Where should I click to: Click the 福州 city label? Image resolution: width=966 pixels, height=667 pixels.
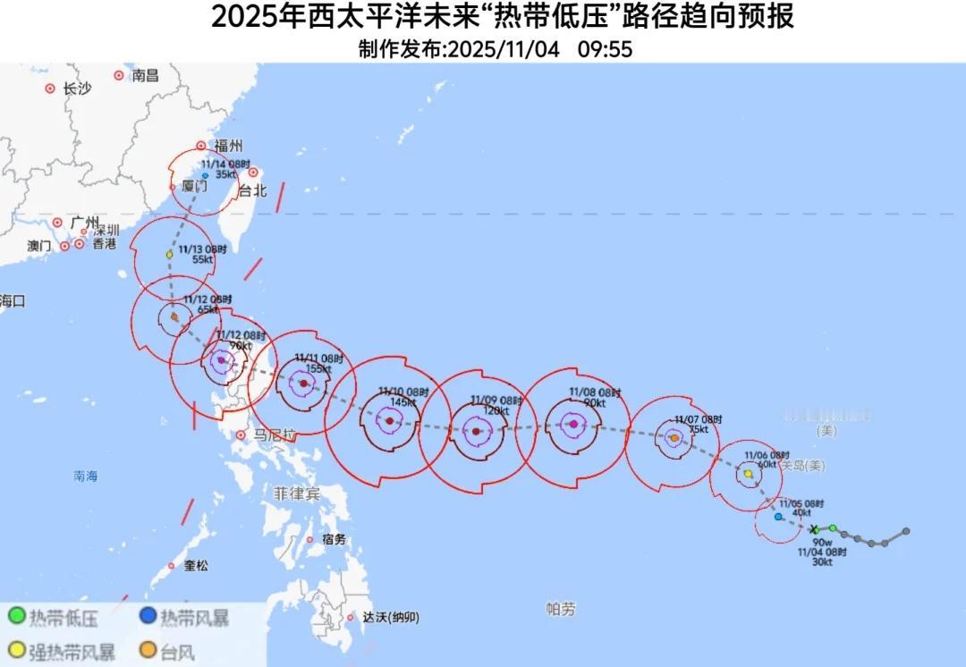click(228, 146)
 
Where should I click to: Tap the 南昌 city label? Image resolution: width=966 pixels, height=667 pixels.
click(145, 76)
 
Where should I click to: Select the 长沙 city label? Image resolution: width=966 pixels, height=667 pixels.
click(77, 89)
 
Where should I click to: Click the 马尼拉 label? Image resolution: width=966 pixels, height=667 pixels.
click(274, 435)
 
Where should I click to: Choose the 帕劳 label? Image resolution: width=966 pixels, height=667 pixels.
click(561, 609)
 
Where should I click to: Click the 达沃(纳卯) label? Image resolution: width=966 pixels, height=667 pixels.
click(391, 617)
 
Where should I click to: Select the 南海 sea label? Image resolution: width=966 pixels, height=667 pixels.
click(86, 477)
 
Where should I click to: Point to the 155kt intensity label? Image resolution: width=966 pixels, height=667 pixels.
click(318, 368)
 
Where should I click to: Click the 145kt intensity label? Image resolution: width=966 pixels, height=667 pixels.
click(403, 402)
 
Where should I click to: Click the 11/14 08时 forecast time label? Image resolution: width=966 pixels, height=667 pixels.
click(225, 165)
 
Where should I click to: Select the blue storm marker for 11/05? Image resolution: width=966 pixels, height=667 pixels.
click(778, 517)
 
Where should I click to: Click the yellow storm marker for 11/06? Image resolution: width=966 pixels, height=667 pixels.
click(749, 474)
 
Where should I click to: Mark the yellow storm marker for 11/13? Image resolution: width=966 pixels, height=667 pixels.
click(169, 255)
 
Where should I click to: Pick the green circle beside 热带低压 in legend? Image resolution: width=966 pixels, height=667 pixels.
click(16, 616)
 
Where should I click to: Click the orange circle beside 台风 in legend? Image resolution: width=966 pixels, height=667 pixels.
click(145, 651)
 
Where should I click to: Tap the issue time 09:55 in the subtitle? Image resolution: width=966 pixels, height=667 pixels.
click(605, 50)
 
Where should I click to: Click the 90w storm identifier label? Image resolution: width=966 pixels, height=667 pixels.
click(822, 542)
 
